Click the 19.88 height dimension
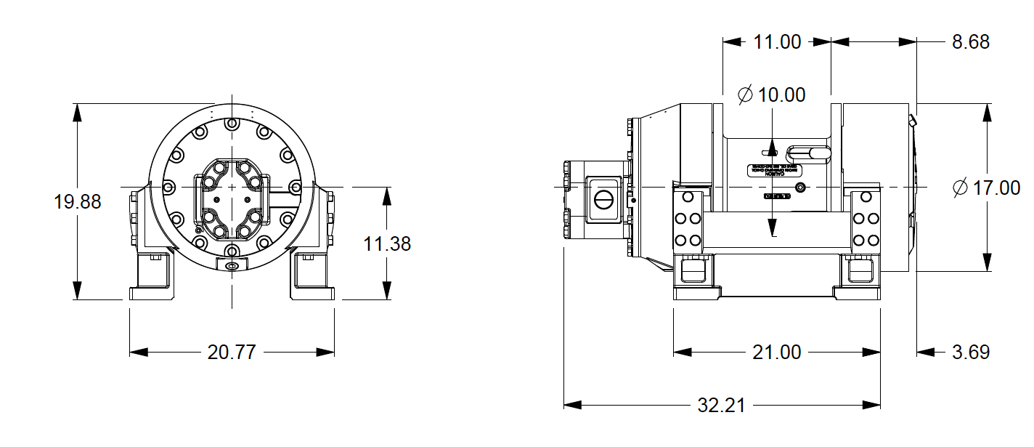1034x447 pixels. (x=78, y=201)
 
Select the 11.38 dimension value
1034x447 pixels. (x=387, y=243)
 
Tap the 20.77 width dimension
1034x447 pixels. (x=232, y=353)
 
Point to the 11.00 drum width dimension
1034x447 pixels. (x=776, y=41)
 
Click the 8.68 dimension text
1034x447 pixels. (x=971, y=41)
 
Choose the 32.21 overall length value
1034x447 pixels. (x=721, y=405)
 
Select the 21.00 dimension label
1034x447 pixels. (x=776, y=353)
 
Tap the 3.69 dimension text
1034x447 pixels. (x=971, y=353)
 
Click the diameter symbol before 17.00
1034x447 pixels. (x=960, y=188)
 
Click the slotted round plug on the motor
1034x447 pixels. (x=603, y=199)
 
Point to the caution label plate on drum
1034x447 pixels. (x=773, y=170)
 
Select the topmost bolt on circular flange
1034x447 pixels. (x=232, y=124)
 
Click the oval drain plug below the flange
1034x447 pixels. (x=232, y=267)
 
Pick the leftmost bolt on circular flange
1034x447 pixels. (x=168, y=188)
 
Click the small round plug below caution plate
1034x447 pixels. (x=800, y=188)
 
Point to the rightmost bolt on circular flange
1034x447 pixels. (x=295, y=188)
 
